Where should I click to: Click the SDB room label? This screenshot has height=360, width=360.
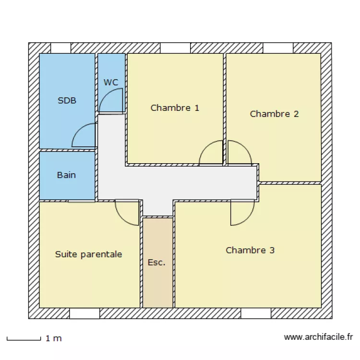click(x=67, y=101)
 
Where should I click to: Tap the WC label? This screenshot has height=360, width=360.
click(x=111, y=83)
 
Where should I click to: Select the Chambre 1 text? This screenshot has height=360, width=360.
click(x=175, y=108)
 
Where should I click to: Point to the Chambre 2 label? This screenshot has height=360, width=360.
click(x=274, y=114)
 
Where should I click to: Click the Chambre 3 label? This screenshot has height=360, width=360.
click(x=250, y=250)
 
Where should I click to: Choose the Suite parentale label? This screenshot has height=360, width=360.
click(x=88, y=254)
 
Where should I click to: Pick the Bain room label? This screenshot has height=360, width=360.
click(x=66, y=175)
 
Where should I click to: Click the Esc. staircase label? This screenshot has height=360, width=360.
click(x=156, y=263)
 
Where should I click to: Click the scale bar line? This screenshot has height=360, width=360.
click(x=24, y=339)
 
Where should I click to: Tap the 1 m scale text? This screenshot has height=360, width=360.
click(x=54, y=338)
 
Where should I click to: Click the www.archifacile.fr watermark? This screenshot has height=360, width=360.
click(x=318, y=337)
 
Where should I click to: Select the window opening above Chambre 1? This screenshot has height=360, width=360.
click(x=175, y=48)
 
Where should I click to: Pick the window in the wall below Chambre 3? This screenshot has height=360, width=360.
click(x=256, y=313)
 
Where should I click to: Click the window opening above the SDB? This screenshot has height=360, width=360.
click(x=60, y=48)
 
